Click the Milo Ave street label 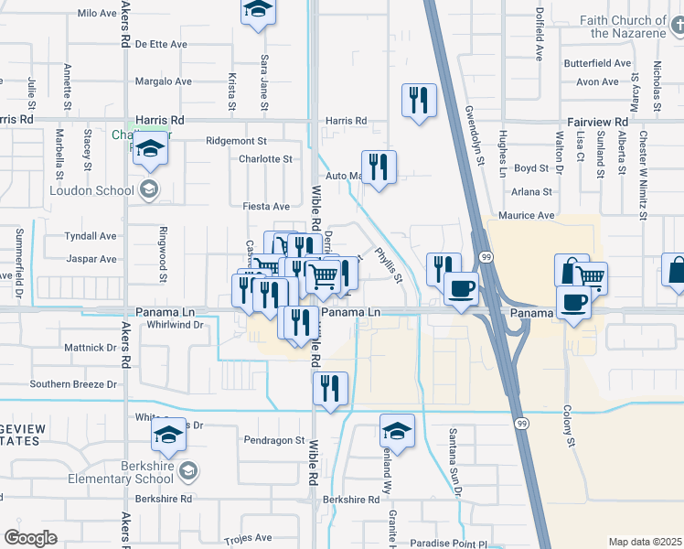(x=98, y=14)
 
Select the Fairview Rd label (x=596, y=122)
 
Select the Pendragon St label (x=274, y=440)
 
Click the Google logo (x=31, y=537)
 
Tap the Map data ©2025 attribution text (x=645, y=542)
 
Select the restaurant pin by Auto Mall (x=379, y=167)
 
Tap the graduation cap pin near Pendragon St (x=397, y=431)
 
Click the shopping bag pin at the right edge (x=676, y=272)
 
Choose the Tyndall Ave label (x=91, y=236)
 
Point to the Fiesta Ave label (x=266, y=207)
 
